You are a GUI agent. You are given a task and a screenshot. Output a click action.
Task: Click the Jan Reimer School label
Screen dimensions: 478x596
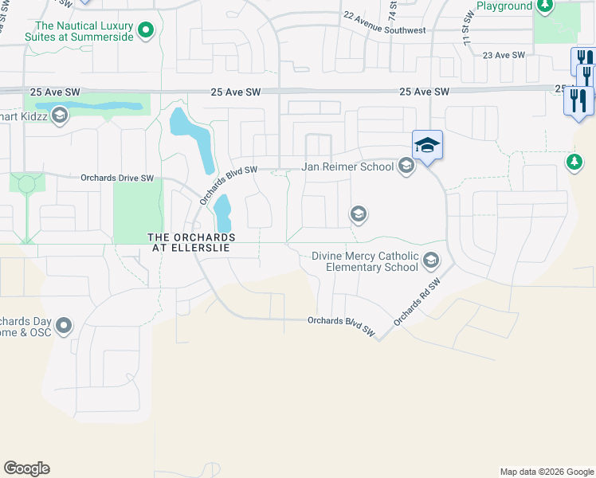click(x=347, y=167)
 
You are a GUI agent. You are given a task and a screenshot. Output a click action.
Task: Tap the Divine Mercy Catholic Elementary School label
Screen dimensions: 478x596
click(x=365, y=261)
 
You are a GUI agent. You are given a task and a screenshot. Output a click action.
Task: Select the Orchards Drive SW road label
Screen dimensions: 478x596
click(x=116, y=178)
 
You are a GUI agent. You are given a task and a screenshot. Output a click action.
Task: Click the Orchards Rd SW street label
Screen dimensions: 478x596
click(x=417, y=303)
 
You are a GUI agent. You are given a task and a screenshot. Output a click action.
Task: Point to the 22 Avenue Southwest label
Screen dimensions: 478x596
click(x=384, y=22)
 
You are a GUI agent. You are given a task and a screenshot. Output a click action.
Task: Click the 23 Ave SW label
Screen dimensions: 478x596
click(x=504, y=55)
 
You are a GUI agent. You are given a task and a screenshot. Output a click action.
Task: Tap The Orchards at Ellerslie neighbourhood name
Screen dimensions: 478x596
click(x=191, y=243)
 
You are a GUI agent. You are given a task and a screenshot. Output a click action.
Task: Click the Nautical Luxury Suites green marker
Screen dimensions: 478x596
click(x=146, y=30)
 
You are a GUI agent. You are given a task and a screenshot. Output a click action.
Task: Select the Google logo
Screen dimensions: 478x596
click(x=26, y=468)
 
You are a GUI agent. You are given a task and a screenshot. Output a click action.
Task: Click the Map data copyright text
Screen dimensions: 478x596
click(x=545, y=472)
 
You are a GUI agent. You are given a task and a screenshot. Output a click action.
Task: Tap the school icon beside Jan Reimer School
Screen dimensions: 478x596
click(x=406, y=166)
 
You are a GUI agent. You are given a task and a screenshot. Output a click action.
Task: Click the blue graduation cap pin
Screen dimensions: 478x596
click(x=427, y=145)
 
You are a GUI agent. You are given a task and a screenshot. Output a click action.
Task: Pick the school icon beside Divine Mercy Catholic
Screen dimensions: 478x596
click(x=431, y=261)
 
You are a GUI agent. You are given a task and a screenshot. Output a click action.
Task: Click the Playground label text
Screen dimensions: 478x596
click(x=504, y=6)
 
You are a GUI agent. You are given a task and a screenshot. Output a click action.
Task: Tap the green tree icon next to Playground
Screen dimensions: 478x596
click(x=545, y=6)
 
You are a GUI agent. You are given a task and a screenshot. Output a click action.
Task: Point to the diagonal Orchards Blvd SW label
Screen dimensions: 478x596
click(x=228, y=186)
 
